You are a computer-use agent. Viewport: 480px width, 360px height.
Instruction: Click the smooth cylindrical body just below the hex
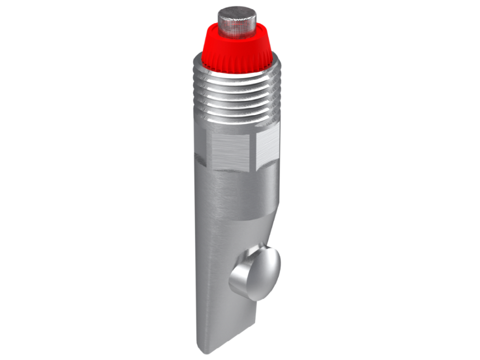(230, 192)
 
